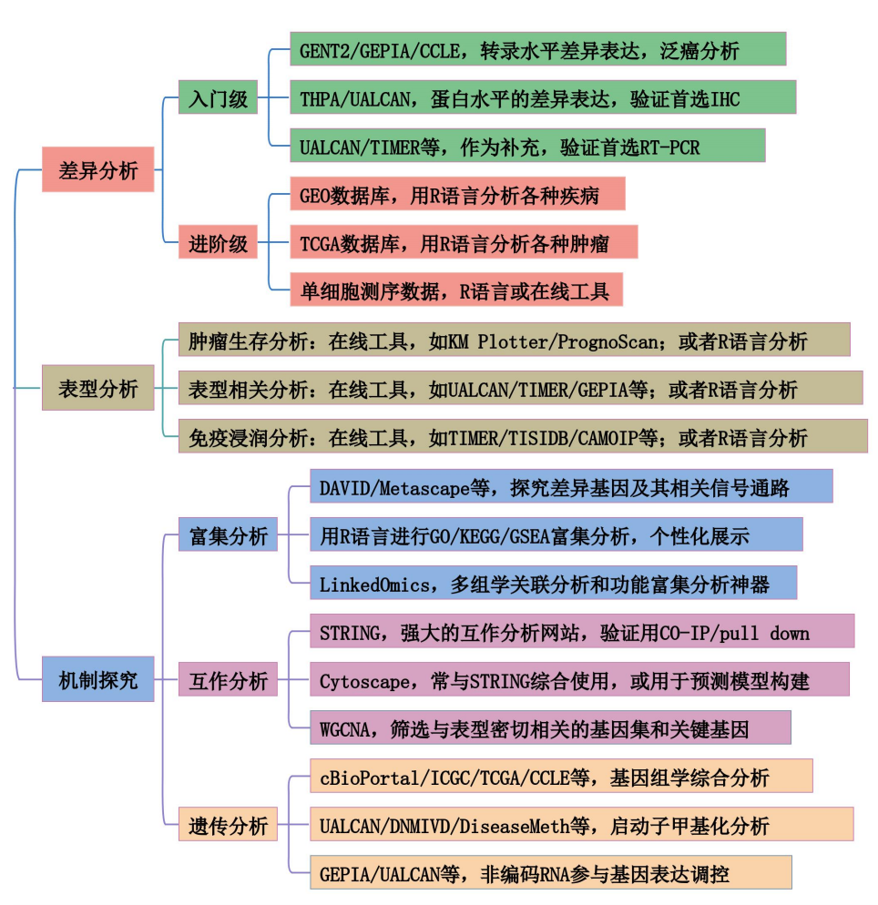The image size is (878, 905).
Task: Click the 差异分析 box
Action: pos(97,170)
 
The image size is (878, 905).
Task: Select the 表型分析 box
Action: pos(97,389)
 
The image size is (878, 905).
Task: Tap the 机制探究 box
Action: pos(97,679)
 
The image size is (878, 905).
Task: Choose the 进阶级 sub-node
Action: pos(219,243)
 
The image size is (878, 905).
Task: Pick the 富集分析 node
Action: pos(228,535)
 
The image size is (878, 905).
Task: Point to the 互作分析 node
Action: pos(228,679)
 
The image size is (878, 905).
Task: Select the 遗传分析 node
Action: pos(228,825)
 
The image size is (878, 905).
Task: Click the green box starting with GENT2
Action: pos(537,49)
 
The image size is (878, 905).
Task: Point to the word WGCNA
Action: pos(342,728)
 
